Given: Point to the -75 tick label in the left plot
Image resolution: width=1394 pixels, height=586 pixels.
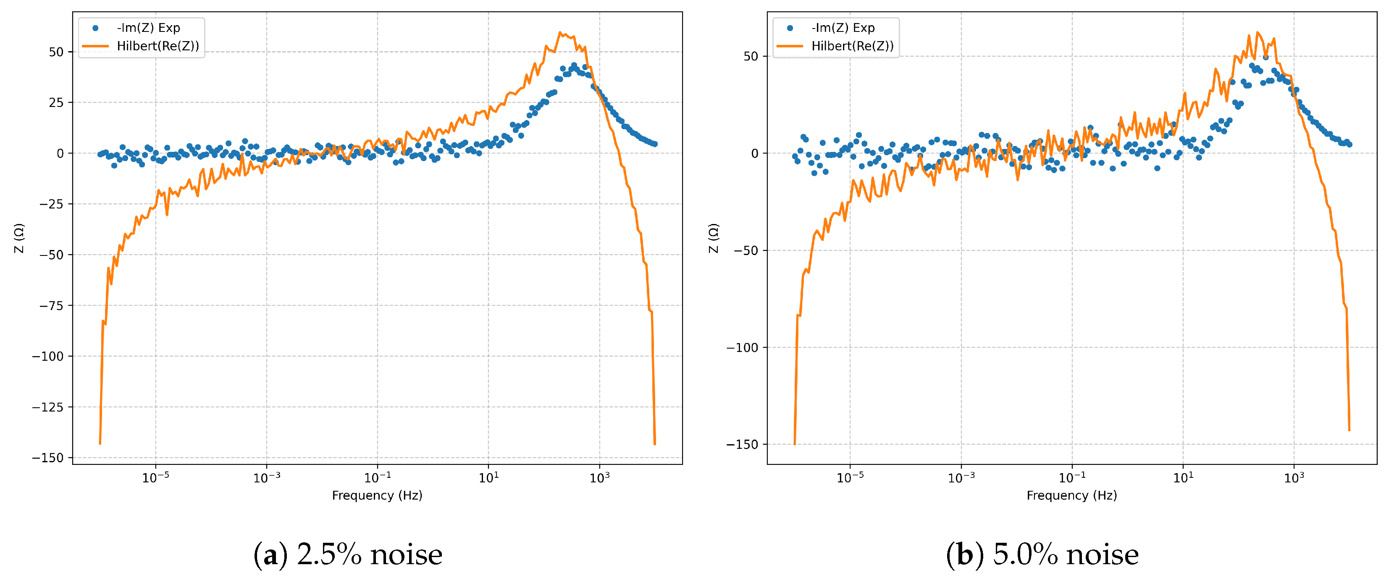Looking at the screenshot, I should [51, 306].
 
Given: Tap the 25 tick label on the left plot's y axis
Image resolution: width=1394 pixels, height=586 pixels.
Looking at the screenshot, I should [56, 103].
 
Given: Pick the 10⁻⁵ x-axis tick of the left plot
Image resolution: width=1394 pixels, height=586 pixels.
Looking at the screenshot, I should [155, 478].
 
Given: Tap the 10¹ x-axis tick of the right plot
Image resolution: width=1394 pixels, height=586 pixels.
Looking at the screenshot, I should [1183, 478].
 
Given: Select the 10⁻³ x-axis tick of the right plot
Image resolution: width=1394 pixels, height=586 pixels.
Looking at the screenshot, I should [961, 478].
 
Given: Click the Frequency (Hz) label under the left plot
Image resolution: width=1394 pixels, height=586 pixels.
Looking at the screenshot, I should [377, 495].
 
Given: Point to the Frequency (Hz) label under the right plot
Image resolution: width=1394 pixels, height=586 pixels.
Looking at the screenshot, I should [1071, 495].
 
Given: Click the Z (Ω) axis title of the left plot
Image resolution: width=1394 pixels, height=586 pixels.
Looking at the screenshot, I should [19, 238].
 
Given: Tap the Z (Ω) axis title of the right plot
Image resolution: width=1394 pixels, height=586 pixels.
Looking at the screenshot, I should [714, 238].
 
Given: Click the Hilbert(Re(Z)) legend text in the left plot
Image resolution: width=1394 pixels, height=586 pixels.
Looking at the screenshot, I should [158, 46].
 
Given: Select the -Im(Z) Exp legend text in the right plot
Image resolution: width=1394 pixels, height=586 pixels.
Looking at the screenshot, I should [843, 28].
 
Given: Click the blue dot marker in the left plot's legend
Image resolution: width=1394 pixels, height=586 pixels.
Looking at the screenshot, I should [96, 28].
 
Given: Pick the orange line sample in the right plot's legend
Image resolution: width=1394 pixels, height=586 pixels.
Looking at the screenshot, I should [790, 46].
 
